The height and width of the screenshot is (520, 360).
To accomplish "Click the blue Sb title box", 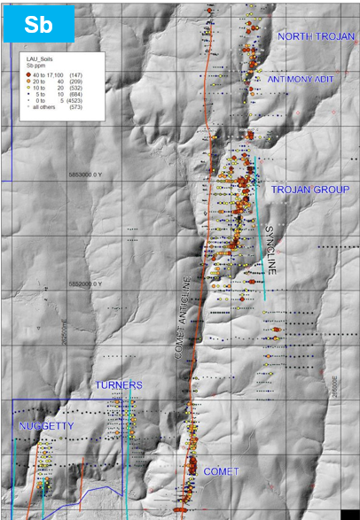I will tap(36, 23).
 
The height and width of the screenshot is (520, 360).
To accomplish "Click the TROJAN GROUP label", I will tap(310, 190).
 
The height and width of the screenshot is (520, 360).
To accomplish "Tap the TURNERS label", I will tap(119, 385).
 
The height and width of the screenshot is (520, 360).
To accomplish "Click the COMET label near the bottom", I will tap(222, 471).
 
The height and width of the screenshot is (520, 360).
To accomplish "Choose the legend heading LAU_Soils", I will tap(42, 58).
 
